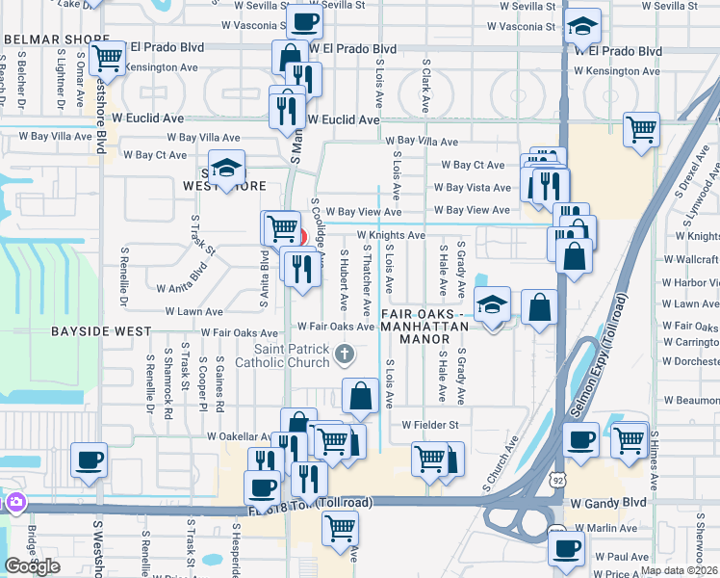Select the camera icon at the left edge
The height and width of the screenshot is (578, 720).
[14, 502]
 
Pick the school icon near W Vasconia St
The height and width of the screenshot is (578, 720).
[582, 26]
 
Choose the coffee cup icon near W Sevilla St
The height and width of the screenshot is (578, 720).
[305, 19]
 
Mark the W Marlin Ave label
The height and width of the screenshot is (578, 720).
[605, 528]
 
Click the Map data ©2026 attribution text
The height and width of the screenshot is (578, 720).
[679, 570]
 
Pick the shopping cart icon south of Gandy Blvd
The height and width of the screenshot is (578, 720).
[340, 527]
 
